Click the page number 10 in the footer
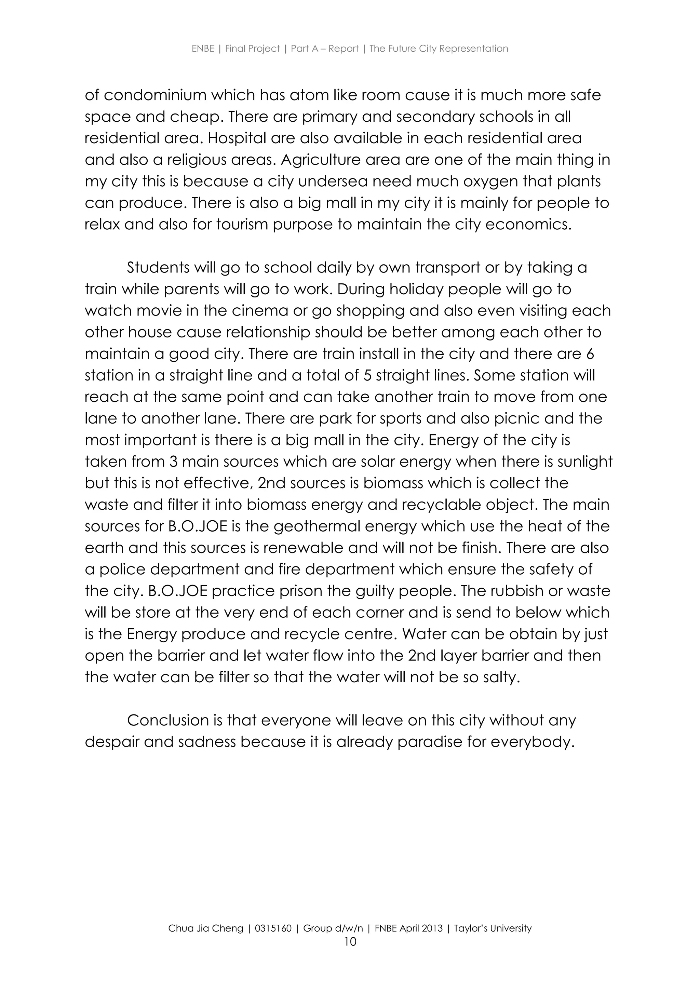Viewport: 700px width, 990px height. (x=350, y=942)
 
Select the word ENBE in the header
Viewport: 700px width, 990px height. (x=203, y=49)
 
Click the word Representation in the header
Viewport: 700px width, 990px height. (x=474, y=49)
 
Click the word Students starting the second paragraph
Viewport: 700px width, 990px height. (x=158, y=268)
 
